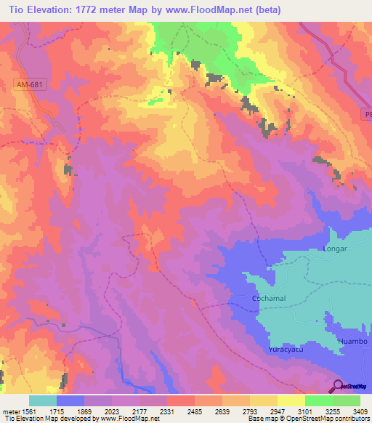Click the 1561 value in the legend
point(29,411)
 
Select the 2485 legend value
point(195,411)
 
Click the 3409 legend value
point(359,411)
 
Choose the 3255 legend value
point(333,411)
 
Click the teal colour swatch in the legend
point(43,400)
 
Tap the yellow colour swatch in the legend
point(291,400)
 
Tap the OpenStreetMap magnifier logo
point(338,386)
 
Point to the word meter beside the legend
point(9,411)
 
